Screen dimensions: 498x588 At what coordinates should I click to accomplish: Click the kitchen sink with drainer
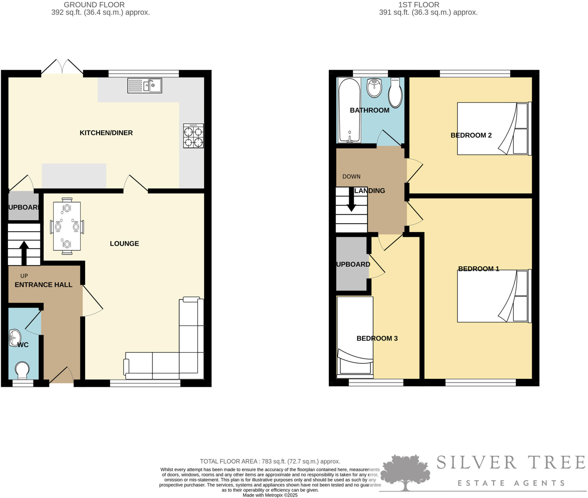point(145,86)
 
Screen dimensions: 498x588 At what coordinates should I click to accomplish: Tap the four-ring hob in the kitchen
point(194,136)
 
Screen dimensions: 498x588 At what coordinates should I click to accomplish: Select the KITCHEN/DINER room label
point(106,133)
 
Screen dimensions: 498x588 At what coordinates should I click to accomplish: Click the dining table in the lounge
point(67,226)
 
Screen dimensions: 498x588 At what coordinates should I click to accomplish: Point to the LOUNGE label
point(124,244)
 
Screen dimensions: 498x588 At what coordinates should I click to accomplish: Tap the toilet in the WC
point(22,370)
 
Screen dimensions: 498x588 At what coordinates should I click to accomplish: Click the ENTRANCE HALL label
point(43,285)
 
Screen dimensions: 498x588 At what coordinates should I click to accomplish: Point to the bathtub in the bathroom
point(349,111)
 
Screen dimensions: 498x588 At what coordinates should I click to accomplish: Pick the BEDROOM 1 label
point(478,269)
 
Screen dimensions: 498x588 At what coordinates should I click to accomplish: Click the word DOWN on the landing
point(351,177)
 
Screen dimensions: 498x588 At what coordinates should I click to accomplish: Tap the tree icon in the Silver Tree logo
point(405,472)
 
